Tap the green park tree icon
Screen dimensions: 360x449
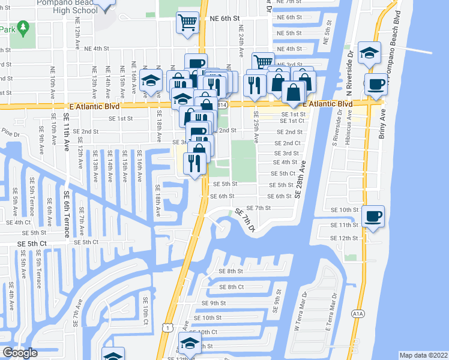pyautogui.click(x=23, y=28)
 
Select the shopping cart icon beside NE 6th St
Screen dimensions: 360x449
pyautogui.click(x=187, y=23)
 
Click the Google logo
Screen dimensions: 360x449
pyautogui.click(x=20, y=352)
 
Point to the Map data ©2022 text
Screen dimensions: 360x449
pyautogui.click(x=423, y=355)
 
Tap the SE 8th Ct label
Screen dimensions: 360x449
pyautogui.click(x=232, y=287)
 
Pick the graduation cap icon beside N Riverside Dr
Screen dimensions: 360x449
pyautogui.click(x=369, y=53)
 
